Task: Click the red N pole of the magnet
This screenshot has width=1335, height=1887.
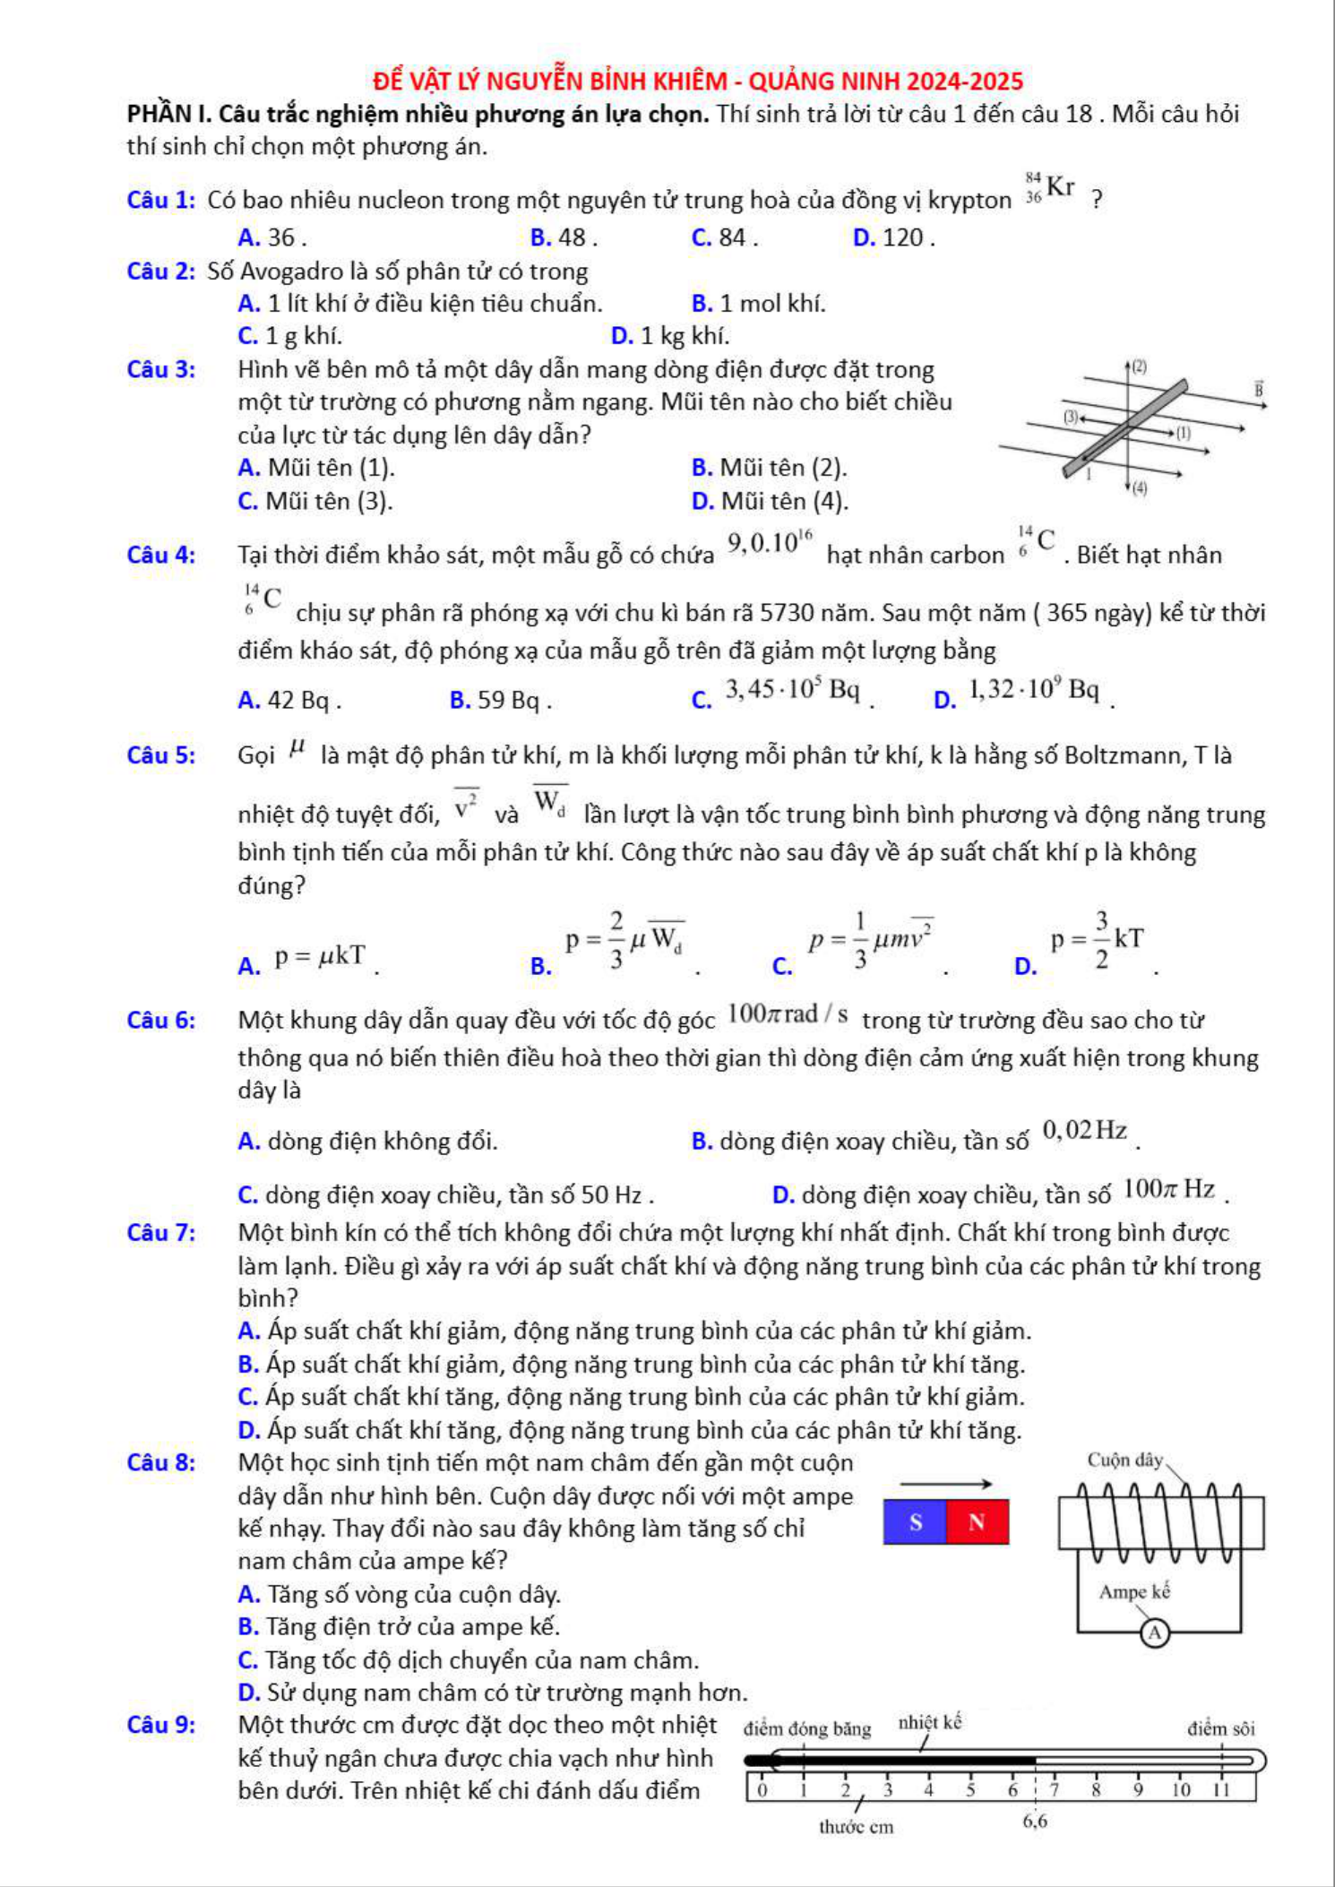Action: click(x=977, y=1521)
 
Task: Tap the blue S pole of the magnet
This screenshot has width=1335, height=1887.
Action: click(x=915, y=1521)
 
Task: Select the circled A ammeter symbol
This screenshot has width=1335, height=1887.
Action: click(x=1155, y=1633)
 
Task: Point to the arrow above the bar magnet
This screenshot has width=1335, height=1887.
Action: click(x=945, y=1484)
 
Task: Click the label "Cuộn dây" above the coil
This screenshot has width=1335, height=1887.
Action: click(x=1124, y=1460)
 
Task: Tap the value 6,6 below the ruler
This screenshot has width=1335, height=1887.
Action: click(x=1035, y=1821)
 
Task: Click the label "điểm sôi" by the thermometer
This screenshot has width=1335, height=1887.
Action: click(x=1220, y=1728)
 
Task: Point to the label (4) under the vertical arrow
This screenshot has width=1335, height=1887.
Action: click(x=1139, y=488)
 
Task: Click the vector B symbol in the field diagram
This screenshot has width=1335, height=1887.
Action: click(x=1259, y=389)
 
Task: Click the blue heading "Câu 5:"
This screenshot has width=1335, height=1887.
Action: click(x=161, y=755)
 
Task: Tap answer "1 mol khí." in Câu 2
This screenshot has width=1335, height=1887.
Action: click(x=772, y=304)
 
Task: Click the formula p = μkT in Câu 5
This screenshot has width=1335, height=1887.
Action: click(x=320, y=956)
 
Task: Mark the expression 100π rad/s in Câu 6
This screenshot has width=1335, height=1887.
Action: click(x=788, y=1014)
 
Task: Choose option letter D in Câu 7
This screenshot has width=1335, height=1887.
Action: click(x=249, y=1430)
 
